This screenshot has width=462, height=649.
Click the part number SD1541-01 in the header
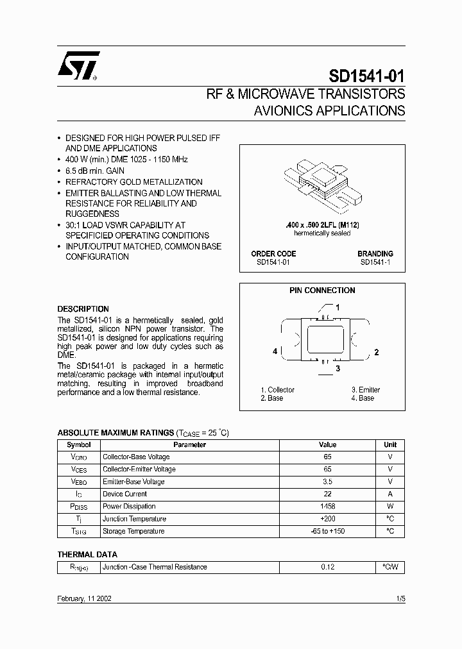pos(367,76)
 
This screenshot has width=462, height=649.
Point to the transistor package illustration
pos(322,185)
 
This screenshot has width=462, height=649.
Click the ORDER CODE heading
pos(273,254)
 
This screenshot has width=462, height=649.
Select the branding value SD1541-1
pos(375,262)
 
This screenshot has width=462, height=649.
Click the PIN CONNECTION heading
pos(322,291)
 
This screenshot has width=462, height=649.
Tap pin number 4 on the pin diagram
pos(275,351)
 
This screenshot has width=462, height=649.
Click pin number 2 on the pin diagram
pos(377,352)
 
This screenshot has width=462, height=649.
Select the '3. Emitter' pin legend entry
pos(366,390)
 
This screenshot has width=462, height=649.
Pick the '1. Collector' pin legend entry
pos(278,390)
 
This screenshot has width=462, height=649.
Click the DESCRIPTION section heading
pos(83,308)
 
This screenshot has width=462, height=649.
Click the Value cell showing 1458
pos(327,507)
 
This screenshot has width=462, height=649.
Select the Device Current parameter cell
pos(125,494)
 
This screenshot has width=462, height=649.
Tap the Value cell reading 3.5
pos(327,482)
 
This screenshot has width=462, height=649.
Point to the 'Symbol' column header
pos(79,444)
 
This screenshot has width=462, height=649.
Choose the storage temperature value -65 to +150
pos(327,532)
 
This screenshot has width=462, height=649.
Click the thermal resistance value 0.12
pos(327,567)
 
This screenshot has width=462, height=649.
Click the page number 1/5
pos(400,598)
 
